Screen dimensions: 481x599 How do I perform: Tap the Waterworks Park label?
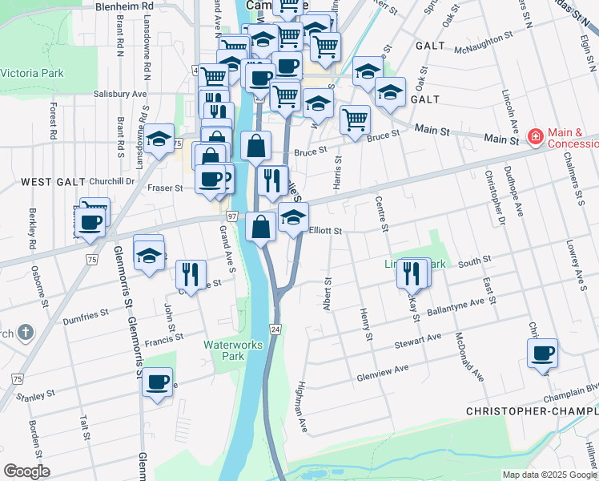pos(223,350)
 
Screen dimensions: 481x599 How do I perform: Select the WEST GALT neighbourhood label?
pos(30,182)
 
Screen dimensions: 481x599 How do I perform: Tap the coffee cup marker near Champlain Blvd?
pos(542,354)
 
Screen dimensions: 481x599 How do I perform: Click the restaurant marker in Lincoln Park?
pos(412,273)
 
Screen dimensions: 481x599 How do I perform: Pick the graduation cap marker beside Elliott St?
pos(293,218)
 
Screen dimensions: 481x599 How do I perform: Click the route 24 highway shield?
pos(275,329)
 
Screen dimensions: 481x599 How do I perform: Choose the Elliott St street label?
pos(325,230)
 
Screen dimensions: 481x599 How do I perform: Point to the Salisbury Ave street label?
pos(120,94)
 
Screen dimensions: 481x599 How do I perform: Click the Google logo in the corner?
pos(26,471)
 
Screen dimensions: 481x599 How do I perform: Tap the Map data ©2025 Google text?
pos(549,475)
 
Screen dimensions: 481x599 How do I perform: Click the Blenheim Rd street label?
pos(123,6)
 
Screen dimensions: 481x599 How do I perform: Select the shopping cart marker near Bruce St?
pos(355,120)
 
